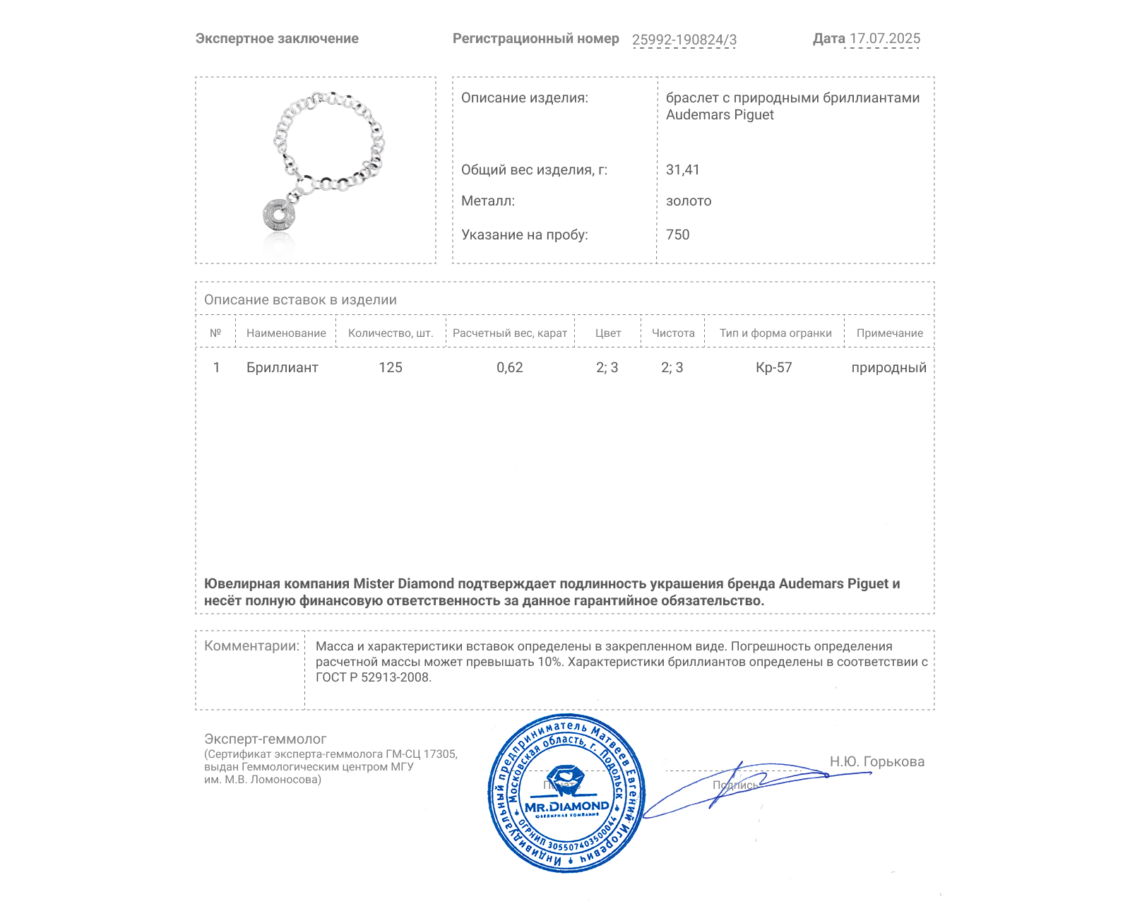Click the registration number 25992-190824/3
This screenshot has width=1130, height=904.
click(x=684, y=40)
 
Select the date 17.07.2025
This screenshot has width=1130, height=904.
click(x=884, y=39)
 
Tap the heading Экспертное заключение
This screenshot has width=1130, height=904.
click(x=277, y=39)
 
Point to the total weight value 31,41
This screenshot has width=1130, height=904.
click(x=682, y=169)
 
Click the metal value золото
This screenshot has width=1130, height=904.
click(x=689, y=201)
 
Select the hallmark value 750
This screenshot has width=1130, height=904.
click(x=677, y=234)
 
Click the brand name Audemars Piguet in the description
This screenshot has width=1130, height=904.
click(x=720, y=115)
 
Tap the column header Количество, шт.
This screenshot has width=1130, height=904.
click(x=391, y=333)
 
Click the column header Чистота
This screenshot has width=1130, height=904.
click(x=673, y=333)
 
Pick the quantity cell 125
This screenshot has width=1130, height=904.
click(x=391, y=367)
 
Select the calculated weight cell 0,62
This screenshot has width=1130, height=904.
click(x=510, y=367)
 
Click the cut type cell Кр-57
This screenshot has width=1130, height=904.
click(x=774, y=367)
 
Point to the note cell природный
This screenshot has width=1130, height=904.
click(x=888, y=367)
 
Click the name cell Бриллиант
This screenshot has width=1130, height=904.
click(x=282, y=367)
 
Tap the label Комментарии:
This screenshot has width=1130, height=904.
click(x=251, y=646)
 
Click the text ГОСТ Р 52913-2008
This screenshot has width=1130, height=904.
click(x=373, y=677)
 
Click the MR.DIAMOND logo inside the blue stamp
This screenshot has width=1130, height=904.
click(x=566, y=806)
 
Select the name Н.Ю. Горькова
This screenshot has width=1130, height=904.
click(x=876, y=761)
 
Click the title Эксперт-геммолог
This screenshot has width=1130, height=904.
click(x=266, y=739)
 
